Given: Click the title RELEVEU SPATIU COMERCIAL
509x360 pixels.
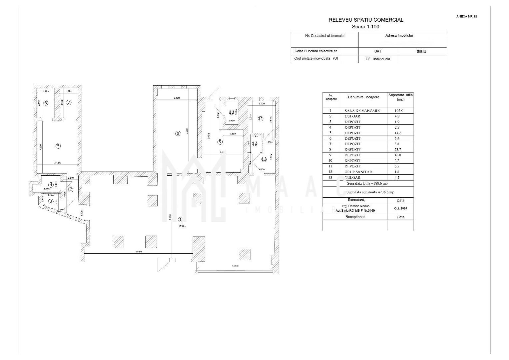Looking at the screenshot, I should (366, 20).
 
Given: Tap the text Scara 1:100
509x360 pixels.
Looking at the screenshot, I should (365, 27).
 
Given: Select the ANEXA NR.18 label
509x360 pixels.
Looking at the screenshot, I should (466, 16).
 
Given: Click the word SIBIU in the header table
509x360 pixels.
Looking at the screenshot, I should (421, 52).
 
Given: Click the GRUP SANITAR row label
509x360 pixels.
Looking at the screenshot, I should (358, 172).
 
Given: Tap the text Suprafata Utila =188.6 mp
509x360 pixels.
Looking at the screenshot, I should (367, 183).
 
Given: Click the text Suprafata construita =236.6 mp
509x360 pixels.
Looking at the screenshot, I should (370, 192).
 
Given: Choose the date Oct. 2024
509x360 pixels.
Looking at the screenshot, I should (400, 208).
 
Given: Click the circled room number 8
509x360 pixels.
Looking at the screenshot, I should (178, 133).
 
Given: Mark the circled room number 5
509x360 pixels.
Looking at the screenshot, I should (58, 146).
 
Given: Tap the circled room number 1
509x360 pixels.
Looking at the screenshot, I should (180, 219).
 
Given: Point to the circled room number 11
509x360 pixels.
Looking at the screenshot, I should (260, 118).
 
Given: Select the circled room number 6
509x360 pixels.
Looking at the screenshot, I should (46, 103).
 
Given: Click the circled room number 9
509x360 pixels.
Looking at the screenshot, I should (220, 142).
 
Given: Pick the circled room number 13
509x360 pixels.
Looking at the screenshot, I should (264, 159).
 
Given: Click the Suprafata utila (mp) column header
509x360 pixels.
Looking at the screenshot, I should (400, 97).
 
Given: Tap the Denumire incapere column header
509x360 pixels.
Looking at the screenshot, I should (363, 97).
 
